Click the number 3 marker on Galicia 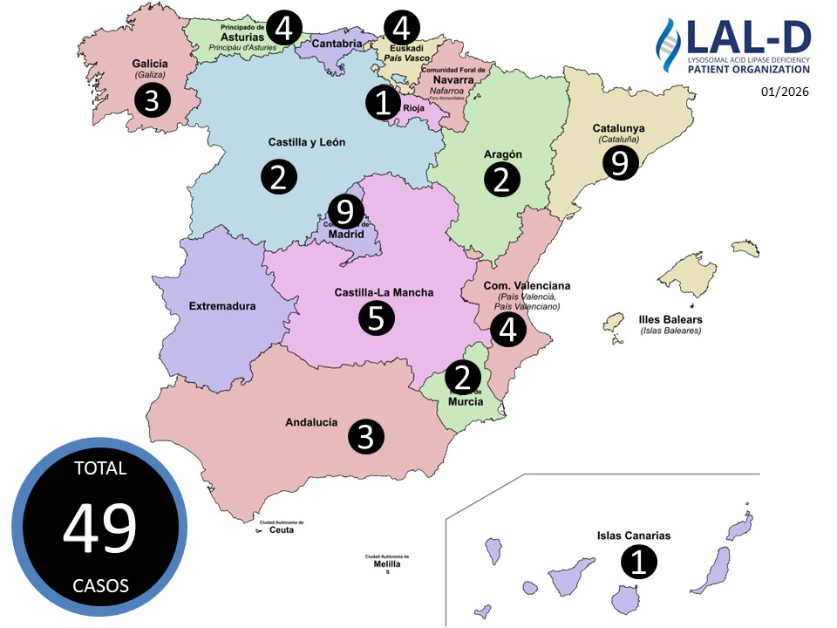[151, 101]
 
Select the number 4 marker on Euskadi [400, 27]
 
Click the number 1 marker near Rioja [382, 103]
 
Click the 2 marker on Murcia [463, 378]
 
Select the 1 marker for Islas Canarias [638, 562]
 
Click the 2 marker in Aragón [502, 180]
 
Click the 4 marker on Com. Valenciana [508, 331]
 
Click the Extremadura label [222, 306]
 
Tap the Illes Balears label [670, 319]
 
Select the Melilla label [387, 563]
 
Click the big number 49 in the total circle [99, 528]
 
